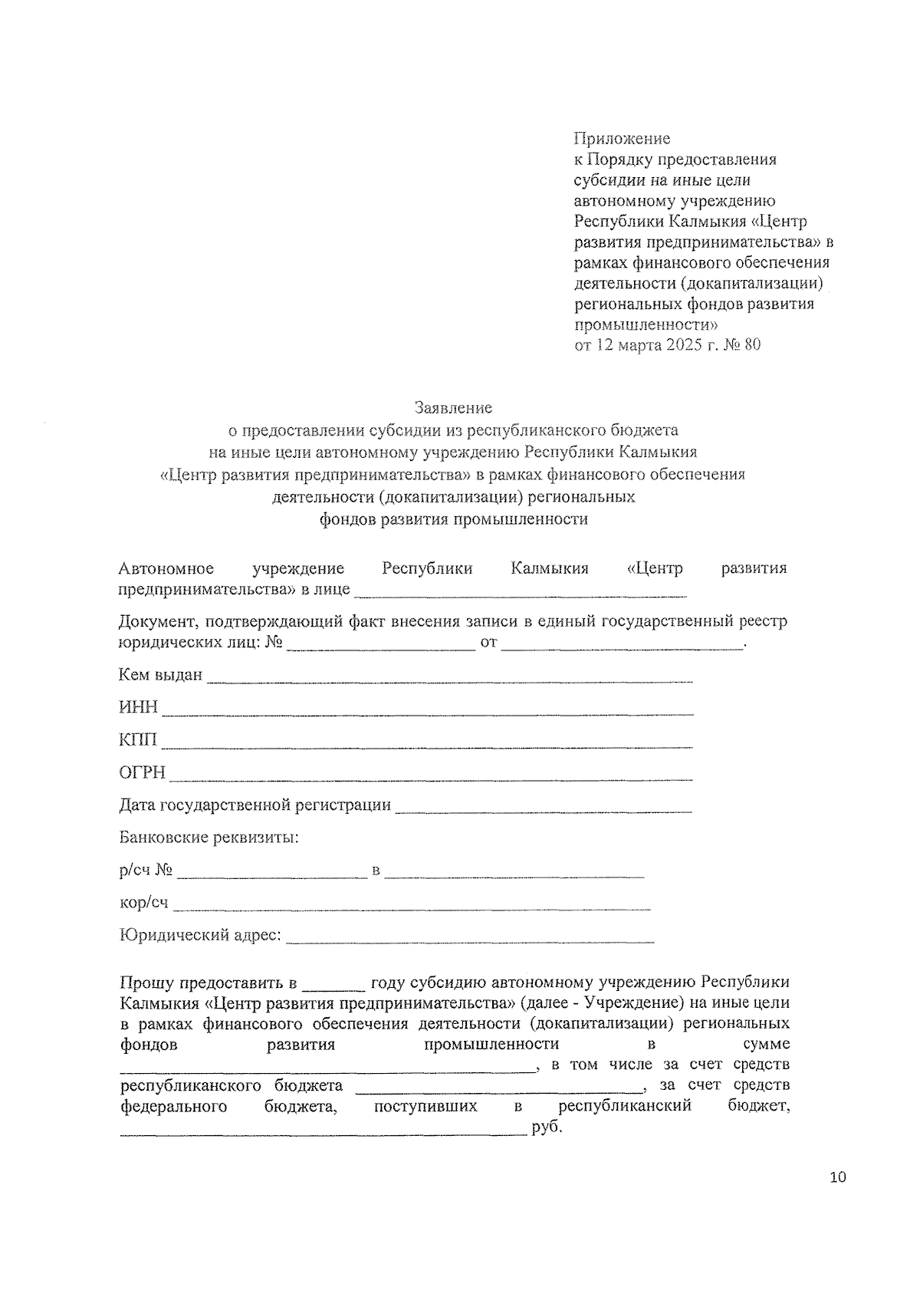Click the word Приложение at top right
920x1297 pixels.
[622, 138]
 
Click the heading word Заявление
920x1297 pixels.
[453, 407]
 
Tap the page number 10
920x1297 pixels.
[837, 1177]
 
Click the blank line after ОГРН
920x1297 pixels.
[430, 778]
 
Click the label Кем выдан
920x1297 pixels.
[160, 675]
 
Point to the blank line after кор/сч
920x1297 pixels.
[412, 907]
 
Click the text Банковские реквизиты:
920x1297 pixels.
[209, 838]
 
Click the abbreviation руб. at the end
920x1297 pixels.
[547, 1129]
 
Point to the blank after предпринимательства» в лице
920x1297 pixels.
[521, 594]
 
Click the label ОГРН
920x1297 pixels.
[142, 772]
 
